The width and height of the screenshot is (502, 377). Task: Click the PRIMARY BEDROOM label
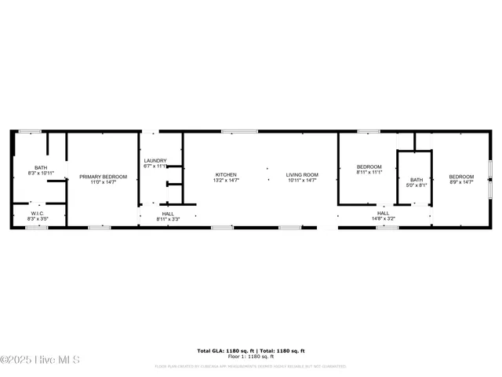[103, 177]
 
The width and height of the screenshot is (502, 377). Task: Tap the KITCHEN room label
[226, 174]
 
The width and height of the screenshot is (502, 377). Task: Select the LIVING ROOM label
[301, 174]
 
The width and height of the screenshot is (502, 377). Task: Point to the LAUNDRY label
[155, 160]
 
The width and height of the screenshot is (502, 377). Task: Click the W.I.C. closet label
[38, 213]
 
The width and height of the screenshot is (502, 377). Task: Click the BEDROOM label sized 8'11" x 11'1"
[369, 167]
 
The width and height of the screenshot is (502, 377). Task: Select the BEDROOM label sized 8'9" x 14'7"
[461, 177]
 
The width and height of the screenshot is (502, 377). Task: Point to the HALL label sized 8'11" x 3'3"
[168, 214]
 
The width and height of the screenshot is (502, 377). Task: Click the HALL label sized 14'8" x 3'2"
[383, 213]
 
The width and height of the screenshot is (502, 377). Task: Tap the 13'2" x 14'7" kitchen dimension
[226, 181]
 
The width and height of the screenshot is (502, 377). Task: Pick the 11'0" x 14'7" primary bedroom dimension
[103, 183]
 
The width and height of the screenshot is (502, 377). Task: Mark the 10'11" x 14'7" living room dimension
[301, 181]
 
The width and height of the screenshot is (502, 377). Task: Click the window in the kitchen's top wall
[229, 131]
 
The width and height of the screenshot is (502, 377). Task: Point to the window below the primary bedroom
[99, 228]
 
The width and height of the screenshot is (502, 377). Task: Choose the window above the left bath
[30, 131]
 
